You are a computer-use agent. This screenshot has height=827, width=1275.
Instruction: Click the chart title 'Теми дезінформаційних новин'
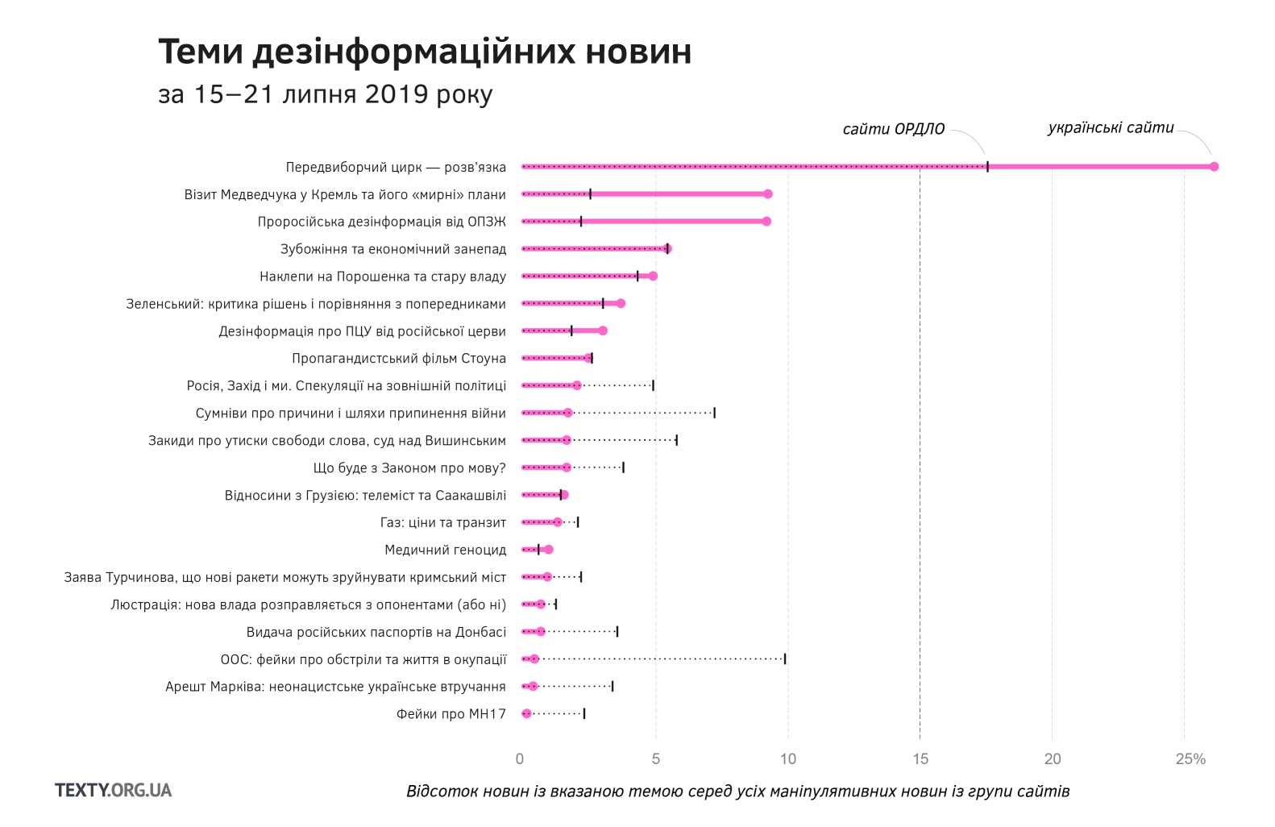(x=425, y=52)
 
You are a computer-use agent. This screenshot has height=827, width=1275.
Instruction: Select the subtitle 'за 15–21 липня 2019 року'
(x=325, y=94)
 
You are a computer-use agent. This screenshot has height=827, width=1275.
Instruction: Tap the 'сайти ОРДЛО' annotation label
(x=893, y=129)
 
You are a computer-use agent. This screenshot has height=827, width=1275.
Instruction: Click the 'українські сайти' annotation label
(x=1111, y=127)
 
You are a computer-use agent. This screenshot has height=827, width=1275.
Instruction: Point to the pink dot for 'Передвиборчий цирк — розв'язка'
(x=1214, y=167)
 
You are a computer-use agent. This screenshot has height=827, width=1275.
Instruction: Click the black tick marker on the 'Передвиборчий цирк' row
(x=987, y=167)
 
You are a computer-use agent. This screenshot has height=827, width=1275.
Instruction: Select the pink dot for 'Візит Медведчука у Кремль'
(x=768, y=194)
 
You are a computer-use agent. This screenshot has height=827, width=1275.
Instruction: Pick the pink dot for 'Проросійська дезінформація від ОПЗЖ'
(x=766, y=222)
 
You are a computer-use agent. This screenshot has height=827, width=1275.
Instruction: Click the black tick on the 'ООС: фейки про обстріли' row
(x=785, y=659)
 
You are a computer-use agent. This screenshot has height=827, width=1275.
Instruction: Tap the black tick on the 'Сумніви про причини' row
(x=714, y=413)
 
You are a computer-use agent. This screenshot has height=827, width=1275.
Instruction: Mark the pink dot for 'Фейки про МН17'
(x=527, y=713)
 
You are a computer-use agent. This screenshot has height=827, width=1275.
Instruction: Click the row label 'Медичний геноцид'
(x=445, y=550)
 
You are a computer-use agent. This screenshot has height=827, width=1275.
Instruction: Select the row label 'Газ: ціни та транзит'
(x=443, y=522)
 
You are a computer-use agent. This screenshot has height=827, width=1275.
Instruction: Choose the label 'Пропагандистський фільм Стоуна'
(x=399, y=359)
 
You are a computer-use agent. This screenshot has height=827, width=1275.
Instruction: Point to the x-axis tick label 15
(x=920, y=758)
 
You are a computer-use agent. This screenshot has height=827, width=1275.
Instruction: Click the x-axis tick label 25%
(x=1190, y=758)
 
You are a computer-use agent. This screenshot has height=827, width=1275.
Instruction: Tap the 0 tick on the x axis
(x=520, y=758)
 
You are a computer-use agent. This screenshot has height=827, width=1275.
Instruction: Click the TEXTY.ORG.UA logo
(x=114, y=790)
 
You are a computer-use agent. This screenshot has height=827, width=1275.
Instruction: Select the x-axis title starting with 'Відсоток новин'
(x=737, y=791)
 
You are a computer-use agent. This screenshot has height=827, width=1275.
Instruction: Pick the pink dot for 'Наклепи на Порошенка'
(x=653, y=276)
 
